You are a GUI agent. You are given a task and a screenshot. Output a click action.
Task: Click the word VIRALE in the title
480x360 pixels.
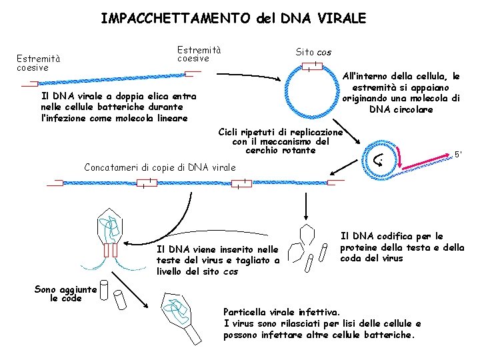pos(343,19)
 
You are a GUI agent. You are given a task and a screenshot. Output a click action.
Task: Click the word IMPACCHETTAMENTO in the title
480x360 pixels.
pos(175,19)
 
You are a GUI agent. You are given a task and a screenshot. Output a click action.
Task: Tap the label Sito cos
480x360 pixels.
pos(313,52)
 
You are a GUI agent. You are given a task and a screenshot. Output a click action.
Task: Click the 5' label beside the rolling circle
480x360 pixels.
pos(458,155)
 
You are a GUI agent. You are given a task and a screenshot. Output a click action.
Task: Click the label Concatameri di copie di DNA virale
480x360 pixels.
pos(159,166)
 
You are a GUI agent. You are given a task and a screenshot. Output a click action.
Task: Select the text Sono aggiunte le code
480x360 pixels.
pos(66,294)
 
